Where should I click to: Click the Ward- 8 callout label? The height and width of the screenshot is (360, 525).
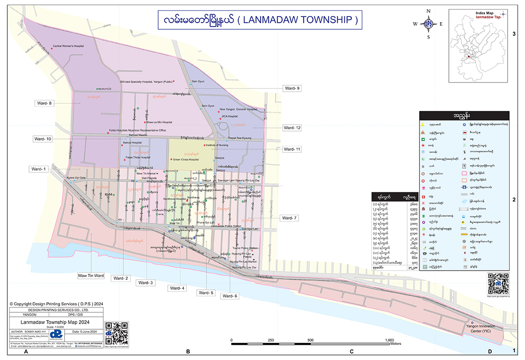click(45, 103)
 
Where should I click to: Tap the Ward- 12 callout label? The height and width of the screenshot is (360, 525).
click(292, 127)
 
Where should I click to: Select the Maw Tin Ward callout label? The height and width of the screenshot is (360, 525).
click(91, 276)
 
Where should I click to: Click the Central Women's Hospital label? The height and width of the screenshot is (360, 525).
click(68, 46)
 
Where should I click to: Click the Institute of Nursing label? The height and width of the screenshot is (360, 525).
click(217, 145)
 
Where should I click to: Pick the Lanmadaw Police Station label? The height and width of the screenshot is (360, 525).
click(226, 226)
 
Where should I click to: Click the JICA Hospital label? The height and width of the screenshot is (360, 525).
click(229, 116)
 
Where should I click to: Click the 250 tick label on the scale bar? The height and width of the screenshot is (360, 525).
click(271, 340)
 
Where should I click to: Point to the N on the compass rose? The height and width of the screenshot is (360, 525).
click(428, 11)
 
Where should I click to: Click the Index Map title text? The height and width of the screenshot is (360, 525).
click(486, 13)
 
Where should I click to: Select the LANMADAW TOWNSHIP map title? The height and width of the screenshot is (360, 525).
click(257, 20)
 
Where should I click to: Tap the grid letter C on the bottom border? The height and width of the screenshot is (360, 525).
click(352, 352)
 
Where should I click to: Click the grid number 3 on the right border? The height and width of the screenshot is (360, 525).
click(514, 34)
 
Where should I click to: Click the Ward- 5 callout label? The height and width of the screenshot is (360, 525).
click(206, 293)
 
